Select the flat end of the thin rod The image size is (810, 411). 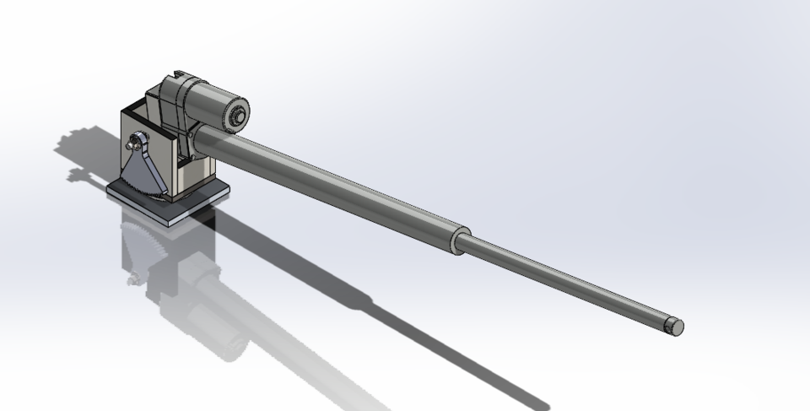click(x=674, y=327)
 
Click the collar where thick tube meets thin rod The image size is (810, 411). click(x=459, y=240)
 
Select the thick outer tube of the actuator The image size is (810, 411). click(x=337, y=186)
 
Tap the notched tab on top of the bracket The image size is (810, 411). click(x=178, y=75)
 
